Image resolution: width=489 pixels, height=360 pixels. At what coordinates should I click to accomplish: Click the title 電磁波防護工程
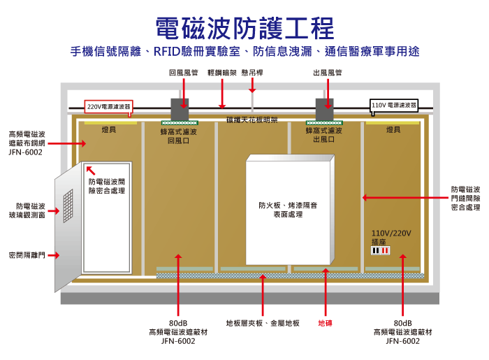tap(245, 28)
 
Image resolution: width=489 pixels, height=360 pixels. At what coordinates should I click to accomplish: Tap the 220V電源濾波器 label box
tap(108, 107)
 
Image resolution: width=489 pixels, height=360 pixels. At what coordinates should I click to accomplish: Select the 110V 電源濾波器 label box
tap(393, 106)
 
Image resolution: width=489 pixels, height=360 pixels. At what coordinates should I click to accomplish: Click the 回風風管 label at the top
tap(183, 73)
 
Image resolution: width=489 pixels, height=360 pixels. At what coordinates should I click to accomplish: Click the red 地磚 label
tap(326, 323)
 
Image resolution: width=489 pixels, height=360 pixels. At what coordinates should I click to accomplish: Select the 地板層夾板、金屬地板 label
tap(263, 323)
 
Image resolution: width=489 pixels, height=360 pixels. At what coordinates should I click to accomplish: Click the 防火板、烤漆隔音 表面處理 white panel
tap(289, 210)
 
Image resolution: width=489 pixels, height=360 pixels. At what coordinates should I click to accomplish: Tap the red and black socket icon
tap(380, 250)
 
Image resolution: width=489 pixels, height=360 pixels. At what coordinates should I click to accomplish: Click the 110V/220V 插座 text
tap(391, 236)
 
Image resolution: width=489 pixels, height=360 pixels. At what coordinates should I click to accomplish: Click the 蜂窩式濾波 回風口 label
tap(179, 135)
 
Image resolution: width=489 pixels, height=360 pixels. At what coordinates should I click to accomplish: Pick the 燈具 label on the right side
tap(393, 130)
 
